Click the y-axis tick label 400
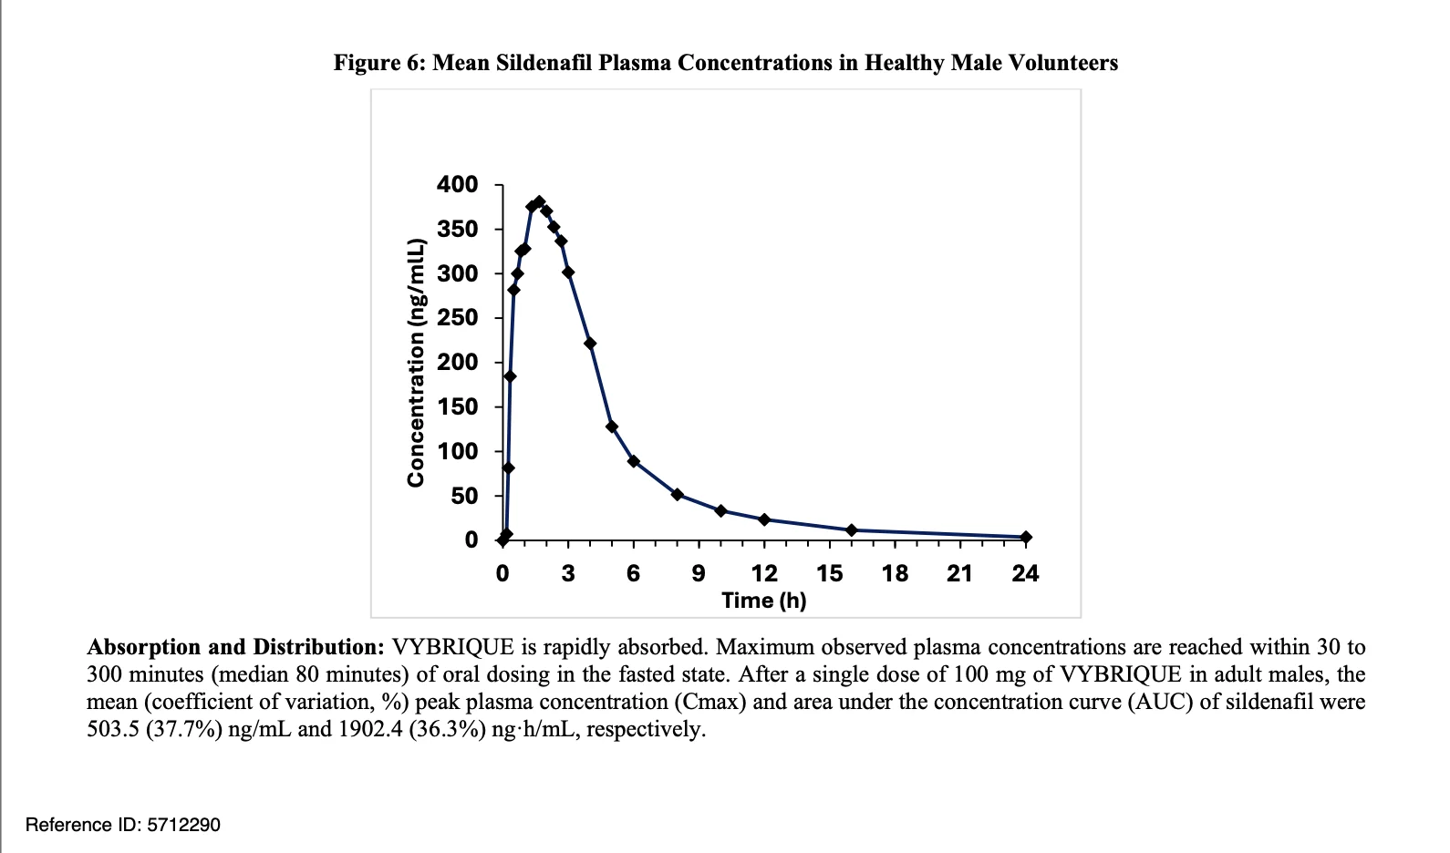[x=457, y=185]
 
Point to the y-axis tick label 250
[x=457, y=318]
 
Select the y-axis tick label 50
[x=464, y=497]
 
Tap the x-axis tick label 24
[x=1025, y=574]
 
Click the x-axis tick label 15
[x=829, y=574]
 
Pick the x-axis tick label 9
[x=699, y=574]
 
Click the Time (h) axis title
[x=763, y=601]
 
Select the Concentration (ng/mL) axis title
[x=416, y=362]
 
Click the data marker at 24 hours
[x=1026, y=538]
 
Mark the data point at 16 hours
[x=852, y=530]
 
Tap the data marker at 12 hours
[x=764, y=519]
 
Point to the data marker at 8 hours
[x=678, y=495]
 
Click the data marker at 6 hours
[x=634, y=461]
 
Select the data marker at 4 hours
[x=590, y=344]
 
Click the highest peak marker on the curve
[x=539, y=202]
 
